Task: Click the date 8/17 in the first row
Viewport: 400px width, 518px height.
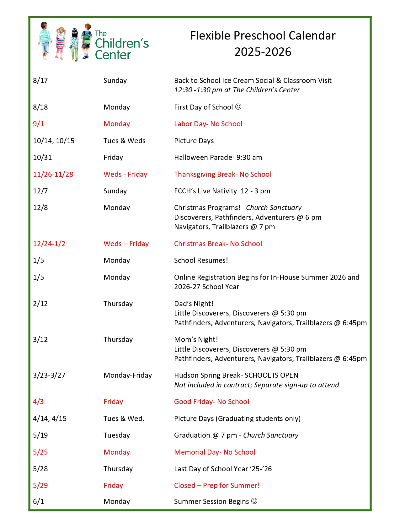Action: [x=40, y=80]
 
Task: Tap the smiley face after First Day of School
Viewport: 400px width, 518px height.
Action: [x=238, y=107]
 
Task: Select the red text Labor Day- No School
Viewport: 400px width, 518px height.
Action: [x=208, y=124]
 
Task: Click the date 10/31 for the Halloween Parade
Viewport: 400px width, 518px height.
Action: [x=42, y=157]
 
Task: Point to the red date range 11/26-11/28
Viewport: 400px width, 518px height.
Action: [x=53, y=174]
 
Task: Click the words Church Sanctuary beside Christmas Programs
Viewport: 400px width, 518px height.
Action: [x=274, y=208]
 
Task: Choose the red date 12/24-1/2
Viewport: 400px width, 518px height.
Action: [x=49, y=244]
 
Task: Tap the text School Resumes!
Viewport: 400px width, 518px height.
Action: [x=201, y=260]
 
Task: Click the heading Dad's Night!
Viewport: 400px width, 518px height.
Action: [x=194, y=304]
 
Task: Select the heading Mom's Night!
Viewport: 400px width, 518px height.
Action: [x=196, y=339]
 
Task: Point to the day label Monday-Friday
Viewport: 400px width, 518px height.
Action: [x=128, y=375]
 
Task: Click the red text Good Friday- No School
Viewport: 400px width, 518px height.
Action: [x=211, y=402]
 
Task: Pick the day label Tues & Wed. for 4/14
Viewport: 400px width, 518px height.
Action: [x=124, y=418]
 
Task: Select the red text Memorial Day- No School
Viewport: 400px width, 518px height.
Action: [x=215, y=452]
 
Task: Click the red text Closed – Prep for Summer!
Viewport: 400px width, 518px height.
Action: [x=217, y=485]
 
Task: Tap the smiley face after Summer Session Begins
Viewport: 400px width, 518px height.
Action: [x=254, y=501]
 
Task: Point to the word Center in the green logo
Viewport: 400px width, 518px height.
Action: [x=113, y=55]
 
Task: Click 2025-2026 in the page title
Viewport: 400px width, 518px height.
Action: [x=263, y=52]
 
